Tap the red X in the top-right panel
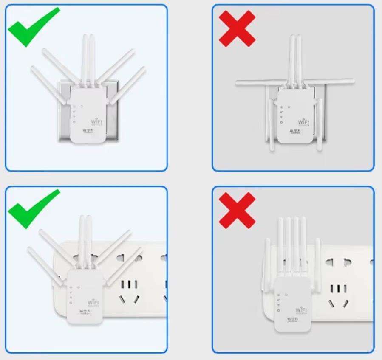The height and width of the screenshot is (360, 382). coord(237,28)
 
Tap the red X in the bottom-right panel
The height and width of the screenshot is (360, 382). coord(237,210)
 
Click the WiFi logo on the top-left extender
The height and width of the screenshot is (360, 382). coord(96,121)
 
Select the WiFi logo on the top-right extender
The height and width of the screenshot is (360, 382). coord(303,122)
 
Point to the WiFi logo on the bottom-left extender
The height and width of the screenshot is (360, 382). coord(93,303)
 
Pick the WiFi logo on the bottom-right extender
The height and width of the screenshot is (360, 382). coord(301,310)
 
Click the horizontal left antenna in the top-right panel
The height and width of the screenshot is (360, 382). coord(259,83)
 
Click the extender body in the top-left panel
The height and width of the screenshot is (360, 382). coord(87,115)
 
